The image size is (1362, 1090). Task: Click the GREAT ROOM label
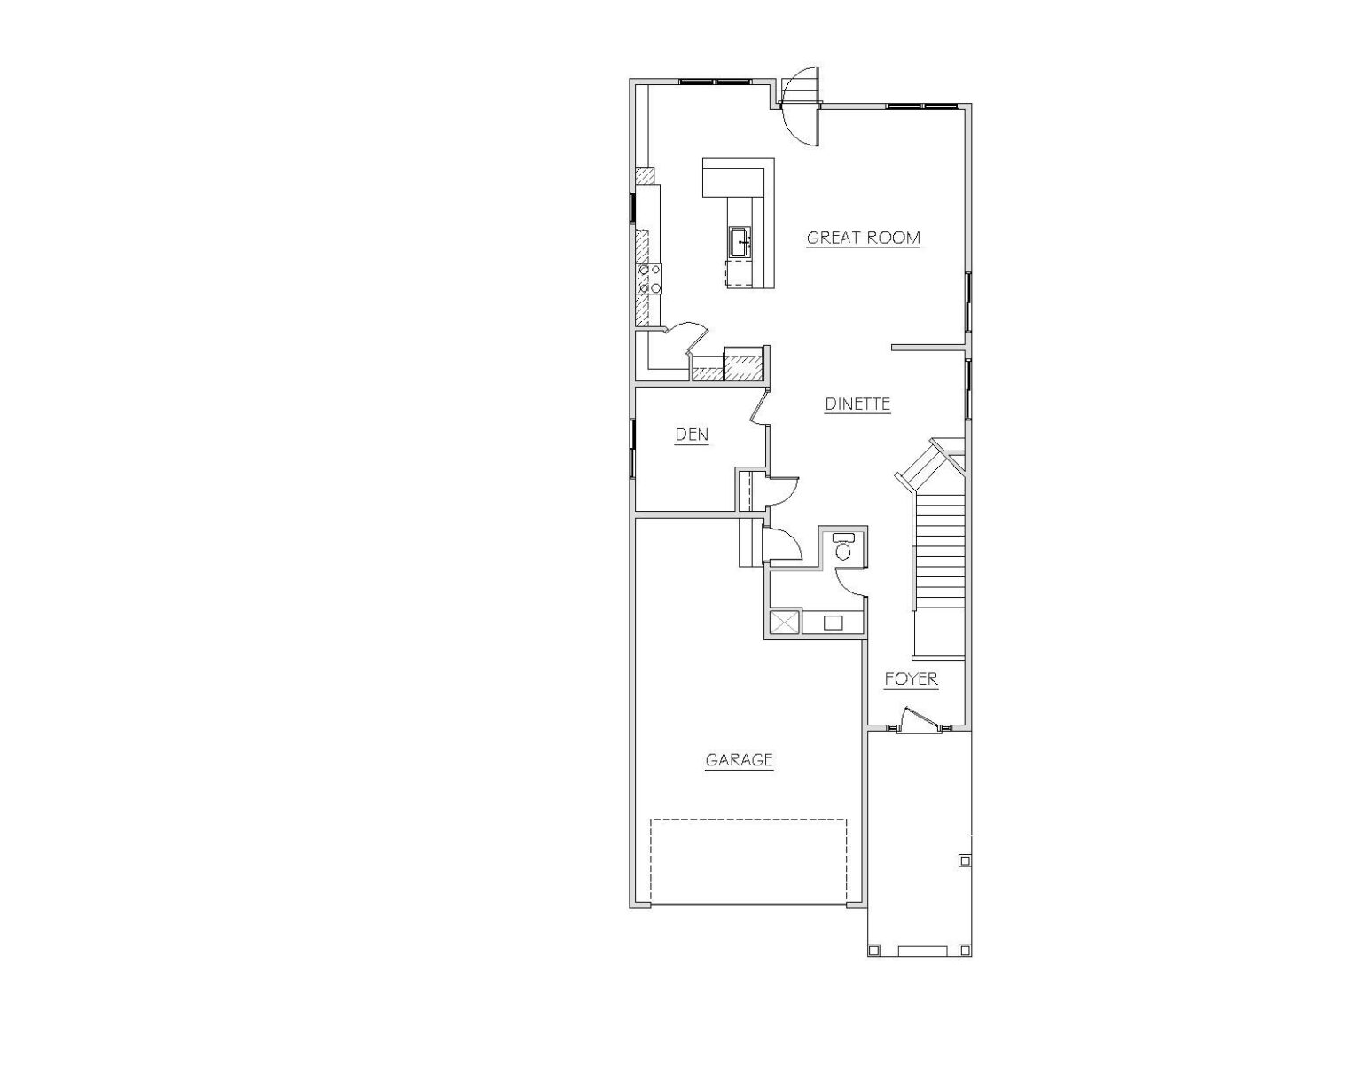[x=863, y=238]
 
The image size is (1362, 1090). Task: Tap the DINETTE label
[x=857, y=404]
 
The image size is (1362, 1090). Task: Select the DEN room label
[x=692, y=435]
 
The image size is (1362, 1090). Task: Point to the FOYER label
[x=912, y=679]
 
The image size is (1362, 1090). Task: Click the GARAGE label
[x=740, y=759]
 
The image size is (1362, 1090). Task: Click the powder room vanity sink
[x=833, y=623]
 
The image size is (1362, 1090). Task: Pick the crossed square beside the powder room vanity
[x=784, y=623]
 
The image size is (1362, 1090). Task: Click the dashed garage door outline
[x=748, y=862]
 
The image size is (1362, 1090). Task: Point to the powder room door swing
[x=850, y=583]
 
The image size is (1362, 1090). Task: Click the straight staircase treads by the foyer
[x=939, y=576]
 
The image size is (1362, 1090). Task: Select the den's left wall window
[x=632, y=448]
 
